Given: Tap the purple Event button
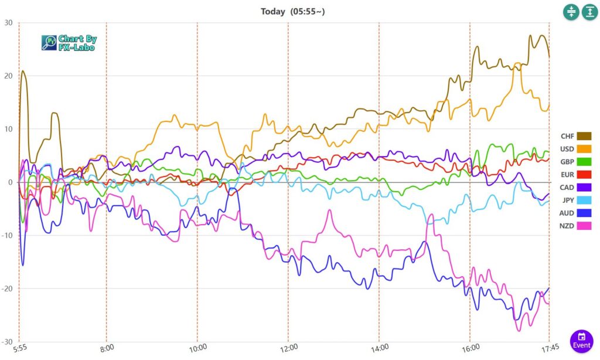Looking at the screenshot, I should coord(581,341).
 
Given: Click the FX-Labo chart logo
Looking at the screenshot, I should coord(69,42).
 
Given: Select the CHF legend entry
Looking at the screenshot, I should coord(576,136).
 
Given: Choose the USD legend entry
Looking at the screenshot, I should coord(576,149).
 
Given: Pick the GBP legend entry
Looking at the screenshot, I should coord(576,162).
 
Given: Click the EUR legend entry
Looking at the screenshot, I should coord(576,175).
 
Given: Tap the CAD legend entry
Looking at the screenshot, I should coord(576,187).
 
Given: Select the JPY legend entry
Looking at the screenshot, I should coord(576,200).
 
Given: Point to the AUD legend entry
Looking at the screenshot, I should coord(576,213).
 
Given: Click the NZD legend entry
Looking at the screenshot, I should coord(576,226).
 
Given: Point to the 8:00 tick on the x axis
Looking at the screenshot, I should coord(107,348).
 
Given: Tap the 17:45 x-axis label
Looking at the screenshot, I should coord(548,348).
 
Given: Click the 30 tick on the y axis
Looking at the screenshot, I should coord(8,23).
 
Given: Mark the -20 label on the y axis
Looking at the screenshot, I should coord(7,288).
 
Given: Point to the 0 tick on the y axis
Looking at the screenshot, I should coord(11,182).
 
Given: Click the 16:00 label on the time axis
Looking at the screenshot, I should coord(470,348).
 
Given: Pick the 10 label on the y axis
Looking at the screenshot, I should coord(8,129).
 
